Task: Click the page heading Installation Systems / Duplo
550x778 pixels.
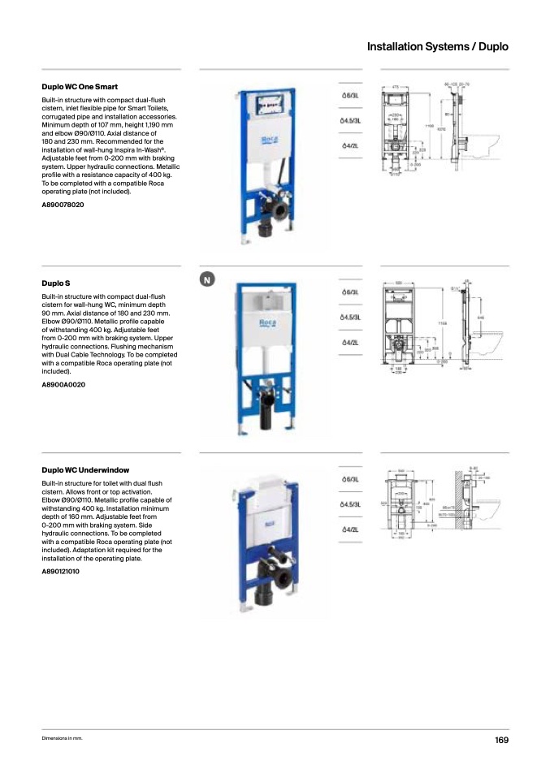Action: (x=437, y=47)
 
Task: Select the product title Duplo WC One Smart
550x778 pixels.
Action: (x=80, y=86)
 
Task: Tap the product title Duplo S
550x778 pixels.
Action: (x=56, y=283)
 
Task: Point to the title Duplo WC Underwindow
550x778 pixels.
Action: (x=85, y=470)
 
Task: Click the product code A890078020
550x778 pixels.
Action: (x=63, y=205)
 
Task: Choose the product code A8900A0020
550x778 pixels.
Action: (x=63, y=384)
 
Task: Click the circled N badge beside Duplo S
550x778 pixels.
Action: (x=207, y=280)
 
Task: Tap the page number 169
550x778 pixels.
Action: (x=501, y=740)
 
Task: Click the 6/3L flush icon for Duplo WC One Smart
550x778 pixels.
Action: (x=350, y=96)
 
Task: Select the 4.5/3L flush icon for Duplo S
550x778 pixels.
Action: (x=350, y=318)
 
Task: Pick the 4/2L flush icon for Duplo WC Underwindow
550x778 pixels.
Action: (x=350, y=529)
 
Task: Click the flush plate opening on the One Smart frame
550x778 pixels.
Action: (x=269, y=105)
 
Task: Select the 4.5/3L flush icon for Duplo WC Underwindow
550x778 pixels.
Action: (x=350, y=504)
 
